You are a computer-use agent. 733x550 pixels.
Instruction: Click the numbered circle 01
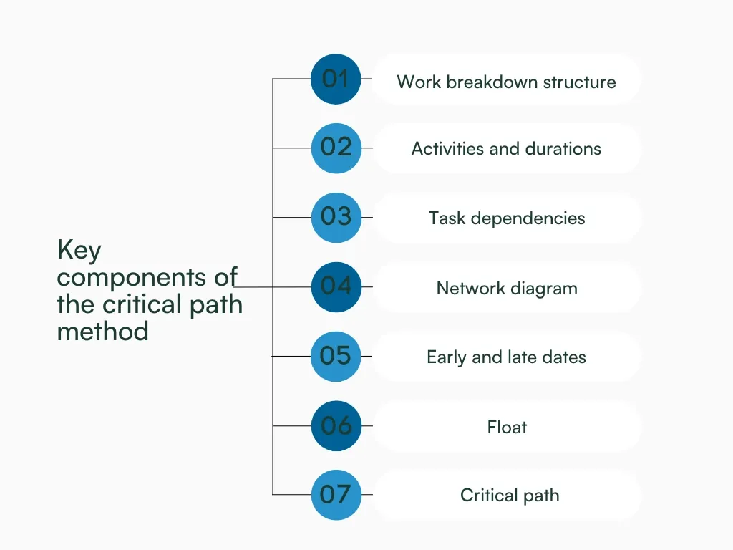tap(336, 79)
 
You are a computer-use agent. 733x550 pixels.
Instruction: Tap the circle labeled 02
tap(336, 148)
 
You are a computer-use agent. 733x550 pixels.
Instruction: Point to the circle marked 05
tap(336, 356)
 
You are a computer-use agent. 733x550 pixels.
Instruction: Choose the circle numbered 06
tap(336, 426)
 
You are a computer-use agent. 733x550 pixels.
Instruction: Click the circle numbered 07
tap(336, 495)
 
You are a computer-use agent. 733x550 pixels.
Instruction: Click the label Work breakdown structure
tap(506, 82)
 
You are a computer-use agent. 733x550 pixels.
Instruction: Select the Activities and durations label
tap(506, 149)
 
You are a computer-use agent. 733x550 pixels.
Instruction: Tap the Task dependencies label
tap(507, 218)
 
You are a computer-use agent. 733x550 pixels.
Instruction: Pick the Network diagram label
tap(507, 289)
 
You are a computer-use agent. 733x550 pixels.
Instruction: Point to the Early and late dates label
tap(506, 357)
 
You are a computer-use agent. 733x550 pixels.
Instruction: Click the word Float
tap(507, 428)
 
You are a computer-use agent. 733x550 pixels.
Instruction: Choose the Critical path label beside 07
tap(510, 496)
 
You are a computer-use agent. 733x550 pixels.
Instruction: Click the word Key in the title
tap(79, 251)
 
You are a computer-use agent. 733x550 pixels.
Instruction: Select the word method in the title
tap(102, 332)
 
